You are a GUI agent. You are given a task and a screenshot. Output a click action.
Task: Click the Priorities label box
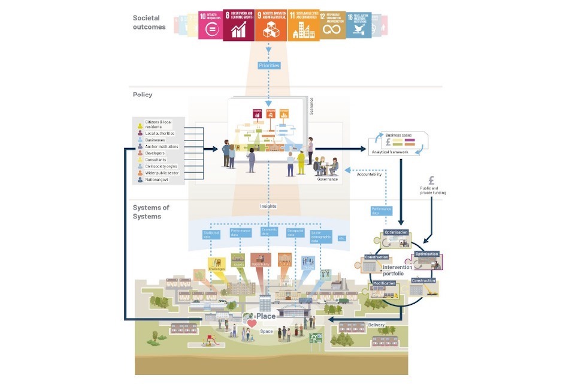[269, 65]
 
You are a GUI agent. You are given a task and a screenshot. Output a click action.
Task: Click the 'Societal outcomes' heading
[149, 23]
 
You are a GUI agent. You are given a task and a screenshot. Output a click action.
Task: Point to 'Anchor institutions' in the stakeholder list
[162, 146]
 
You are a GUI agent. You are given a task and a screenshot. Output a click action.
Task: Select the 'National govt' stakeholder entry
[158, 179]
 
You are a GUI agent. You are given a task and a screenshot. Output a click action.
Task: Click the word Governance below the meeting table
[328, 179]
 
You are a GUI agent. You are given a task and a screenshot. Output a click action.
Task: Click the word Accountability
[373, 174]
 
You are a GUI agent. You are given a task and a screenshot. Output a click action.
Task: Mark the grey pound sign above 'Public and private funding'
[432, 181]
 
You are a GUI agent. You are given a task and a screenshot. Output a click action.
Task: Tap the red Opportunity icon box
[261, 260]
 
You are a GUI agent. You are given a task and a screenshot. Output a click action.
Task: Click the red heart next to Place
[252, 324]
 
